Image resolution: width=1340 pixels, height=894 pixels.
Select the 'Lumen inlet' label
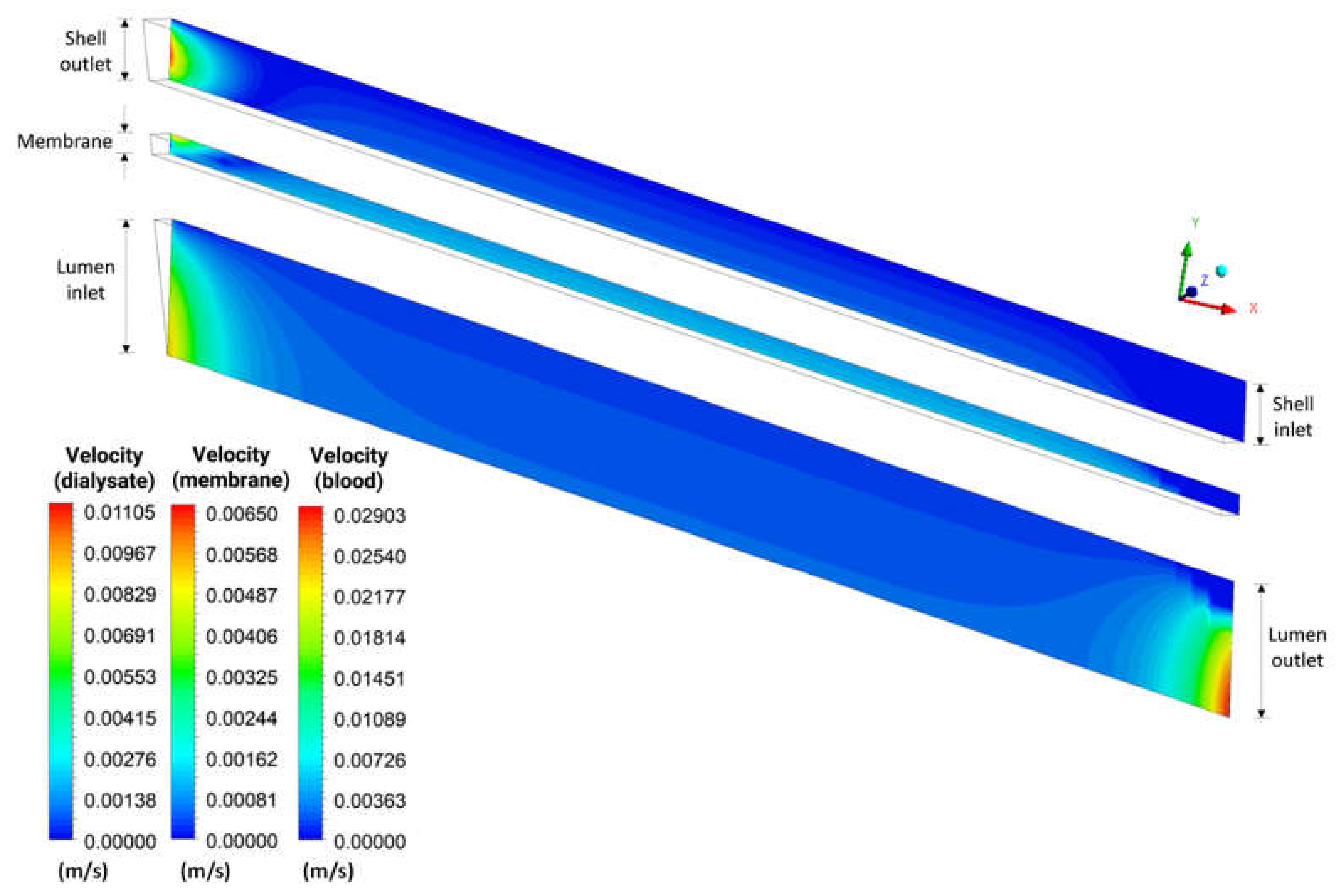pyautogui.click(x=86, y=280)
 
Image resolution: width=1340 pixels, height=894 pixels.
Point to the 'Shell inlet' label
pyautogui.click(x=1293, y=417)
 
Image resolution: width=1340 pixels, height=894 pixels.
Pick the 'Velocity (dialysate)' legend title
pyautogui.click(x=104, y=468)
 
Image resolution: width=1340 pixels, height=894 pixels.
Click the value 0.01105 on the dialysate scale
pyautogui.click(x=119, y=513)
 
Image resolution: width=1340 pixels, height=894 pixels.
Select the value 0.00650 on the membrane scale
pyautogui.click(x=242, y=514)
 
